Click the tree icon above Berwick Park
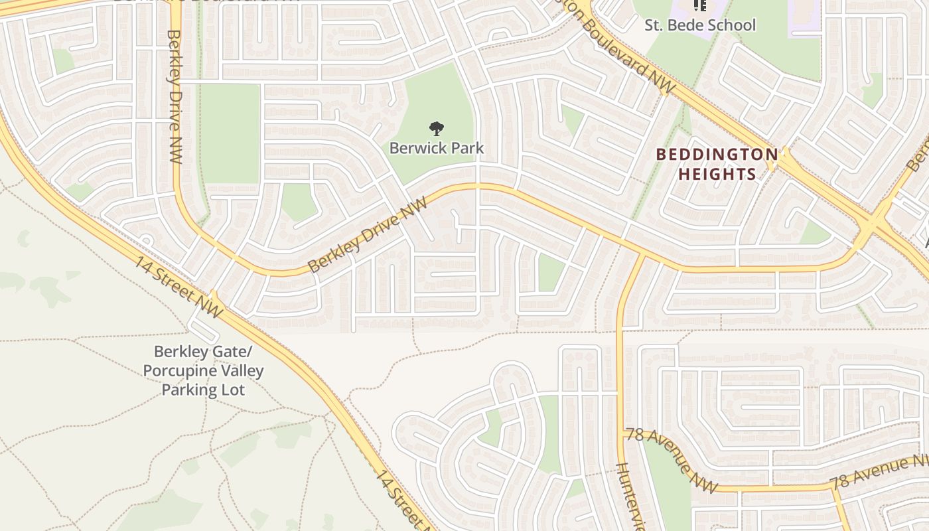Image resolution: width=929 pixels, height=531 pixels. click(x=436, y=128)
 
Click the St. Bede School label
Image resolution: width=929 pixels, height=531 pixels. click(x=700, y=25)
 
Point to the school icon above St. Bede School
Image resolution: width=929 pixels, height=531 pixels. click(x=699, y=5)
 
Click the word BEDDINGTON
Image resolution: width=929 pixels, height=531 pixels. click(x=717, y=155)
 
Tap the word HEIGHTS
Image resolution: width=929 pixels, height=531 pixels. click(x=717, y=175)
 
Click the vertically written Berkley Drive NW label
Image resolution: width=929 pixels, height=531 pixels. click(x=175, y=96)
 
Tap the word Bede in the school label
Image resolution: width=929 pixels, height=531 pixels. click(x=687, y=25)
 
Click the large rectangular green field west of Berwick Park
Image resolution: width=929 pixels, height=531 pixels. click(x=230, y=133)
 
